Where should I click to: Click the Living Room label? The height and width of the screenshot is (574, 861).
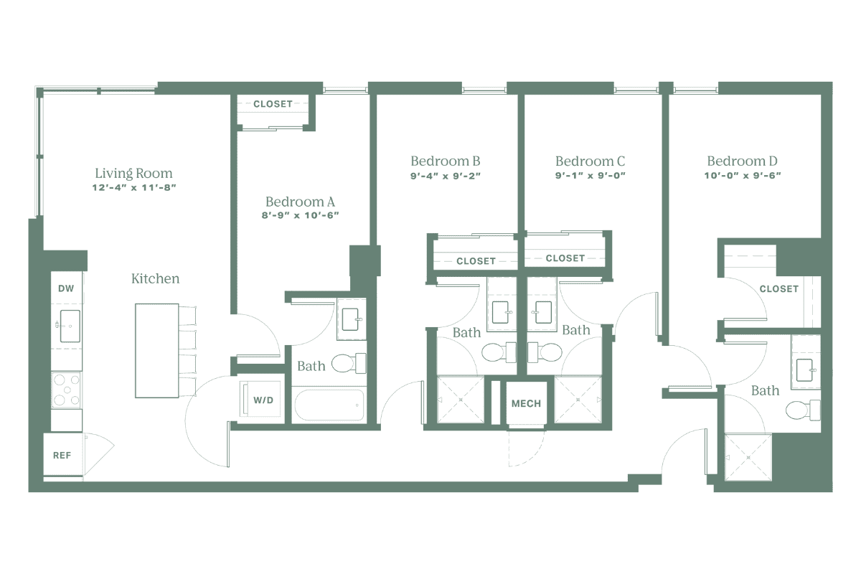tap(135, 174)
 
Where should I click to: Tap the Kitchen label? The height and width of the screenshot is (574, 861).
tap(155, 278)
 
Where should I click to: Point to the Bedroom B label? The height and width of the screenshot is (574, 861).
tap(445, 161)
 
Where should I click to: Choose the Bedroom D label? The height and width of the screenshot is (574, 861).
tap(743, 161)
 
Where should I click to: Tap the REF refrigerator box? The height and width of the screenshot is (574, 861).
tap(63, 455)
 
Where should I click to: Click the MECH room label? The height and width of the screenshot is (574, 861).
tap(527, 404)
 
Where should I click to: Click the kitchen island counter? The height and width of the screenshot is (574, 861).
tap(156, 350)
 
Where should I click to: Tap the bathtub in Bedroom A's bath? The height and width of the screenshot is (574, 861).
tap(329, 405)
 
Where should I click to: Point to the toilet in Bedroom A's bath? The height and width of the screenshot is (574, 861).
tap(347, 362)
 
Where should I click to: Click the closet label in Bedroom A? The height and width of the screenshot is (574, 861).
tap(273, 104)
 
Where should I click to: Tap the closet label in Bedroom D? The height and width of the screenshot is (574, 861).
tap(778, 289)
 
